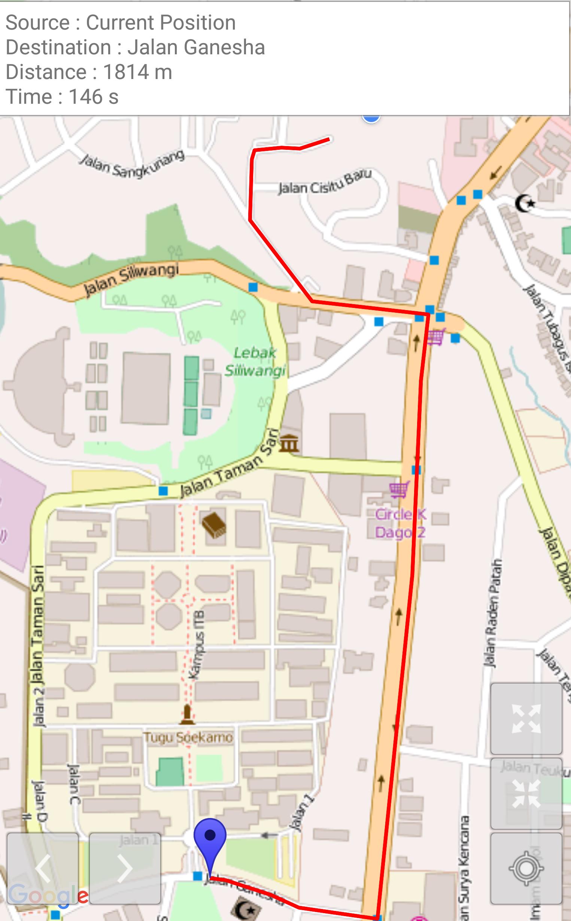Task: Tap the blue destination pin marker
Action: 210,836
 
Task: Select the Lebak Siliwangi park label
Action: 255,361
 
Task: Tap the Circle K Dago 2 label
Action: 400,523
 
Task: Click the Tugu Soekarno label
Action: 188,737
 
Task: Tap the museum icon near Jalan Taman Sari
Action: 289,443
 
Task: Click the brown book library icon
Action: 214,525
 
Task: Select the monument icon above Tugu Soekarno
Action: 187,714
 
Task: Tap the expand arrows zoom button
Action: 526,719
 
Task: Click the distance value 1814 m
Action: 137,72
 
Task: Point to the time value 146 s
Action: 94,97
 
